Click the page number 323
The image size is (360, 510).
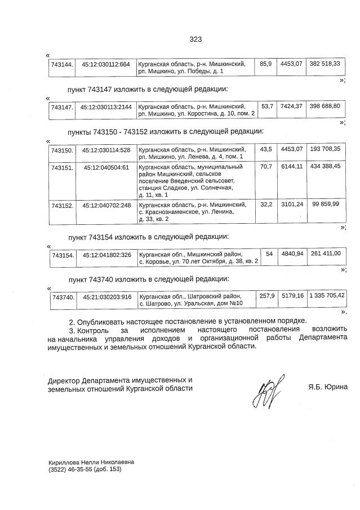click(195, 39)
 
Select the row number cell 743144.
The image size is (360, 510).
click(62, 65)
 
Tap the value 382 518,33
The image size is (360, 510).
click(325, 64)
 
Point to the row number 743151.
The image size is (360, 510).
click(62, 167)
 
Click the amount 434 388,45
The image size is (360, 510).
click(325, 167)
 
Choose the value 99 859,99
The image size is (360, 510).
click(325, 203)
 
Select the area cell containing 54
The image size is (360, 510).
click(269, 254)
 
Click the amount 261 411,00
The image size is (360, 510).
click(325, 254)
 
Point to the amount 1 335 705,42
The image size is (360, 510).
click(326, 295)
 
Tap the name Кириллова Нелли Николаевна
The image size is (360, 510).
click(91, 462)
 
